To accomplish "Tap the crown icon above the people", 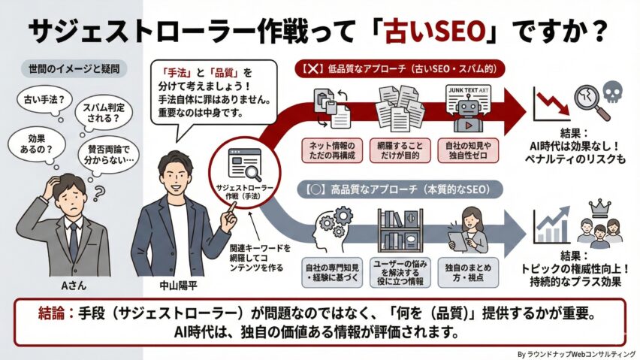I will pyautogui.click(x=599, y=205).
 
